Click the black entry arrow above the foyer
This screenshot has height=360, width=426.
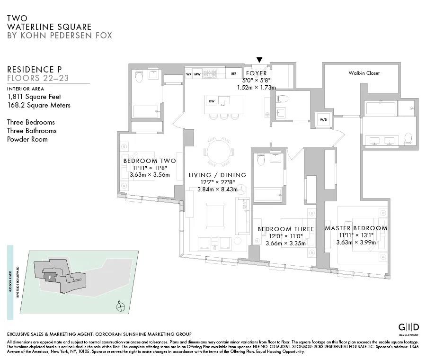click(x=259, y=60)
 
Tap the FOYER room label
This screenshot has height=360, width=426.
click(x=256, y=73)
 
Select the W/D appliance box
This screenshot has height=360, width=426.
click(x=324, y=119)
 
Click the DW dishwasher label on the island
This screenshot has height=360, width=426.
click(x=211, y=101)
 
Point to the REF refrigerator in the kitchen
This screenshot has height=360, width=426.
click(x=233, y=74)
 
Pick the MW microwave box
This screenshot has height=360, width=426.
click(x=197, y=74)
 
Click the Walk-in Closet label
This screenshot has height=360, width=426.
click(x=364, y=73)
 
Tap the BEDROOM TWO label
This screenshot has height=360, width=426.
click(x=149, y=161)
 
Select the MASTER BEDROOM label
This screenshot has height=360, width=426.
click(x=355, y=228)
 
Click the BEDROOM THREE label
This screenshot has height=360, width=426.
click(x=285, y=229)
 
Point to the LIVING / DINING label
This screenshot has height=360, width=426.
click(x=217, y=175)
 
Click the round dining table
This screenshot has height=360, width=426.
click(x=219, y=153)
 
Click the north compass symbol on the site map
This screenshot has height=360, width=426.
click(x=122, y=306)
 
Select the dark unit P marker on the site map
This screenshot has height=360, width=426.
click(x=49, y=277)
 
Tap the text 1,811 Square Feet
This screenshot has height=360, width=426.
click(x=34, y=97)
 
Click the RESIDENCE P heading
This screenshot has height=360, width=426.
click(x=34, y=70)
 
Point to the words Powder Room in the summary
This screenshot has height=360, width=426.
click(x=27, y=139)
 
